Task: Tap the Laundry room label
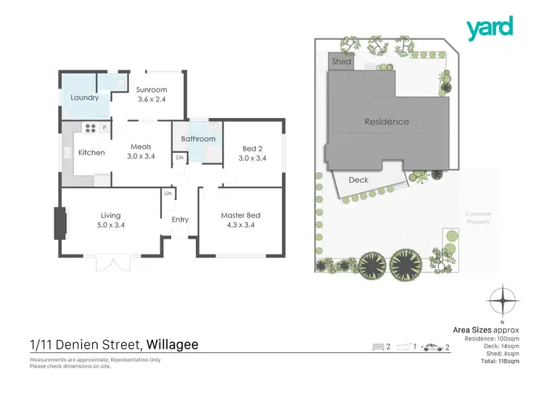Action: pos(85,98)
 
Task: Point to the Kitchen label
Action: pos(91,152)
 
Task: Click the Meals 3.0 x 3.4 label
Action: pos(140,151)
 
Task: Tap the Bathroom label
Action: pos(198,138)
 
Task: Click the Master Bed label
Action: pos(240,220)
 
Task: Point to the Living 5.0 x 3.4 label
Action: pos(110,220)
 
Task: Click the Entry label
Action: pos(180,220)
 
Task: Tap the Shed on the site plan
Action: pos(341,62)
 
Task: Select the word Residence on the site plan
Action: pos(386,122)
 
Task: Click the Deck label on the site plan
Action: pos(358,180)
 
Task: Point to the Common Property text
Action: pos(478,217)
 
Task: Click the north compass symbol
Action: pos(502,299)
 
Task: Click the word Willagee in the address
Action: pos(173,344)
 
